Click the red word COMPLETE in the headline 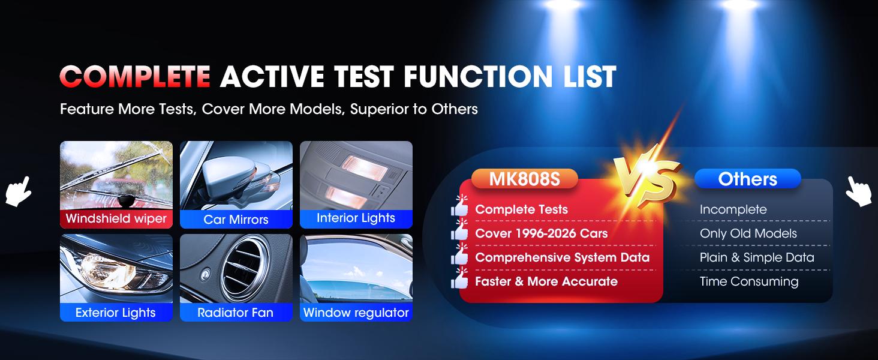click(134, 77)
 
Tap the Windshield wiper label click(116, 218)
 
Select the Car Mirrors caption click(236, 219)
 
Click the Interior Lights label click(356, 218)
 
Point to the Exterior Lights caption click(116, 312)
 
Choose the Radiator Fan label click(236, 312)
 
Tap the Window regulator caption click(356, 312)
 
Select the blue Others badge click(747, 179)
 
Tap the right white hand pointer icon click(859, 192)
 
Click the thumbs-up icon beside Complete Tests click(459, 207)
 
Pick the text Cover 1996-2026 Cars click(541, 233)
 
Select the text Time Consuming click(748, 281)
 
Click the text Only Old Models click(748, 233)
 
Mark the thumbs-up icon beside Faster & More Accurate click(459, 279)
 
